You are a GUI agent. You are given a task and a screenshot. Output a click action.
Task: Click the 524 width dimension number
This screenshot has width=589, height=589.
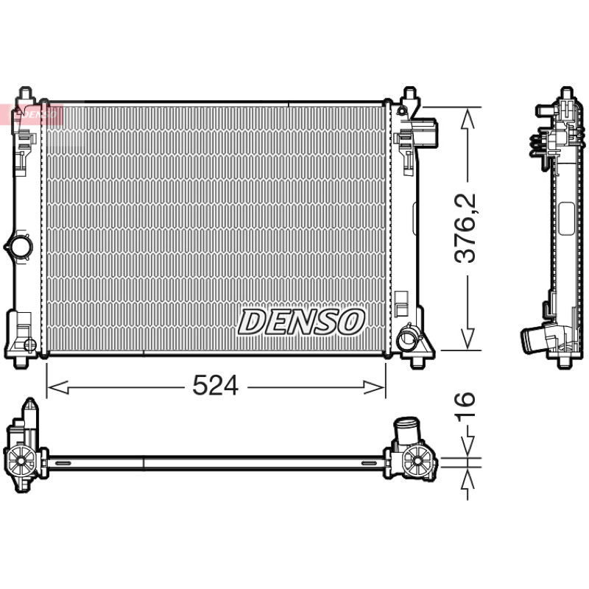215,385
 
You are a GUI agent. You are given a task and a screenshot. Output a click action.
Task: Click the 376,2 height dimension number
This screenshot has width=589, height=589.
465,228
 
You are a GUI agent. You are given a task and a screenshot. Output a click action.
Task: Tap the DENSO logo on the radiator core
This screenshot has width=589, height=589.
301,322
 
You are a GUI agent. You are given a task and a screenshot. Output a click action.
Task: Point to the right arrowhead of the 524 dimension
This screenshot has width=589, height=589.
374,387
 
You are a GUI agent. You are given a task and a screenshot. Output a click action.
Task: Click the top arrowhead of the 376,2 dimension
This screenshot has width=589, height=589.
468,119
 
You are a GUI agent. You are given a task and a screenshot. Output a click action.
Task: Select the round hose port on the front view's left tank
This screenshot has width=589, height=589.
20,247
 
